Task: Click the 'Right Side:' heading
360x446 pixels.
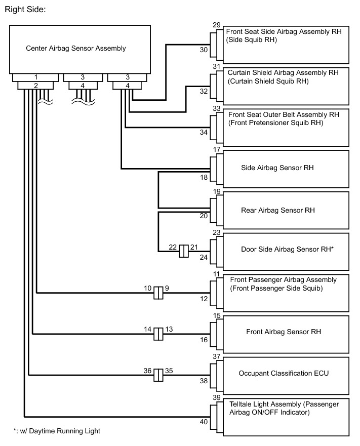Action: pos(25,9)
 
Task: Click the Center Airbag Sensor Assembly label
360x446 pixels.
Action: pos(76,49)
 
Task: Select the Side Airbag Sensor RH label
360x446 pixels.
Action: pos(277,168)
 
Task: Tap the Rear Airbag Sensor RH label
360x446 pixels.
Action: pos(278,210)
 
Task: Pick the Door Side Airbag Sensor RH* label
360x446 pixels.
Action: pos(288,250)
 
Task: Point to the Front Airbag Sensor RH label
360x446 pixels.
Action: pos(284,332)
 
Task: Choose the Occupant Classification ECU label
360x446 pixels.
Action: pos(284,374)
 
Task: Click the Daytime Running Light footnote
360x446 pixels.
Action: pos(57,431)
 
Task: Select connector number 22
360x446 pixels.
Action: pos(173,247)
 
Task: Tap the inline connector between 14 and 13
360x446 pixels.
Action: pos(158,333)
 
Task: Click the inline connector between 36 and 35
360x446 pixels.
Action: pos(158,375)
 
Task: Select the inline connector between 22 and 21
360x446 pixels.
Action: pos(184,251)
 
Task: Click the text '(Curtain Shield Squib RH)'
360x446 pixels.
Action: pos(268,81)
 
